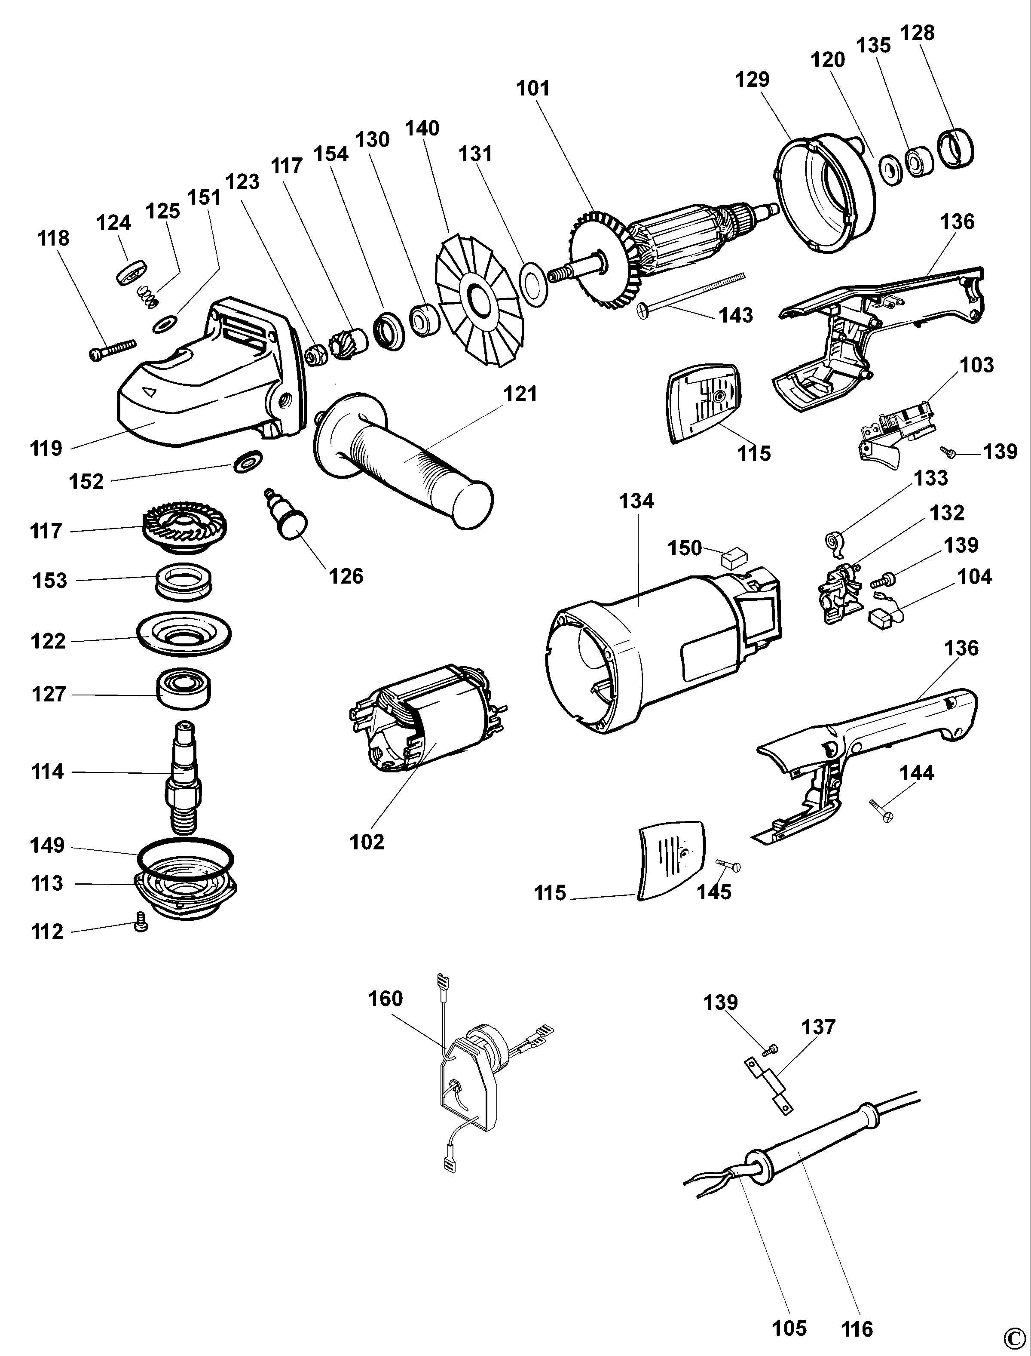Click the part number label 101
click(532, 89)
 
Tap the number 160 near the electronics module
click(385, 999)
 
